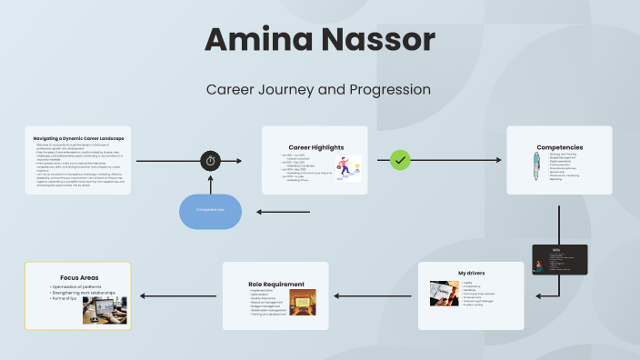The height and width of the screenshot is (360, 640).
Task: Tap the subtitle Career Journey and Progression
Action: tap(318, 90)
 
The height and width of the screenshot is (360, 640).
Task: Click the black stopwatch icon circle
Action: tap(211, 161)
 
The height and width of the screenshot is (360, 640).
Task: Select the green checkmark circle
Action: tap(400, 160)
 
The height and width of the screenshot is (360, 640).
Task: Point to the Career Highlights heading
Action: tap(315, 146)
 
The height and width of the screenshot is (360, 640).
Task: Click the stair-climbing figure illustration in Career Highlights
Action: tap(346, 168)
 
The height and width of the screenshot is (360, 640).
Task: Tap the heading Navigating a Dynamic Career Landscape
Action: tap(78, 137)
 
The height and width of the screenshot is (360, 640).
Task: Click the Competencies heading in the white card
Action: tap(559, 146)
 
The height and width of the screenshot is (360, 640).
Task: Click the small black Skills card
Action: tap(560, 259)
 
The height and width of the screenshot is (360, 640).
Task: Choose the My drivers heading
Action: tap(471, 273)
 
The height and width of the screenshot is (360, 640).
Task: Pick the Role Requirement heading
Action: tap(276, 284)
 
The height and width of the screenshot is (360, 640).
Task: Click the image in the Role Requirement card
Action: tap(303, 302)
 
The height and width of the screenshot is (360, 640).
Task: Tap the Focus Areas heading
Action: tap(79, 276)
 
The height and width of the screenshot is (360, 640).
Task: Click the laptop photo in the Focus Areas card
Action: tap(105, 309)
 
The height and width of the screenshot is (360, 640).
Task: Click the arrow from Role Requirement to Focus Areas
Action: tap(176, 295)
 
